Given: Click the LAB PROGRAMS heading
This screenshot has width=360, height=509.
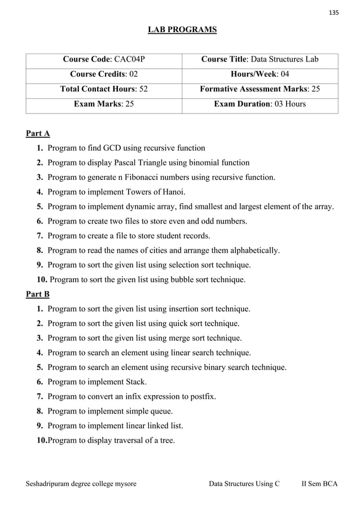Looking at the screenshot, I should pos(182,29).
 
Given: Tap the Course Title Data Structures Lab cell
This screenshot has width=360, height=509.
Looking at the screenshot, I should pos(260,59).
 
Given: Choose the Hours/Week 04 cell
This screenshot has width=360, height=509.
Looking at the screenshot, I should pos(260,74).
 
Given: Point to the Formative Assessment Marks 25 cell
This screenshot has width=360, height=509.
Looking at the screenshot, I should pos(260,89).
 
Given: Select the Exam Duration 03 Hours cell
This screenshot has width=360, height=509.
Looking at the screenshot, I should pos(260,104).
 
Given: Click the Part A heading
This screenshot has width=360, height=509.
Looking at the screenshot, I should pos(38,133).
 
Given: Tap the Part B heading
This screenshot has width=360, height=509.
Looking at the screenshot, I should pos(38,294).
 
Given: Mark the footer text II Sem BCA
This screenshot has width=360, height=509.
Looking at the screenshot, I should pos(319,484).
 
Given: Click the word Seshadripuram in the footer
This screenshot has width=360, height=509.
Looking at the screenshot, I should pos(49,484).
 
